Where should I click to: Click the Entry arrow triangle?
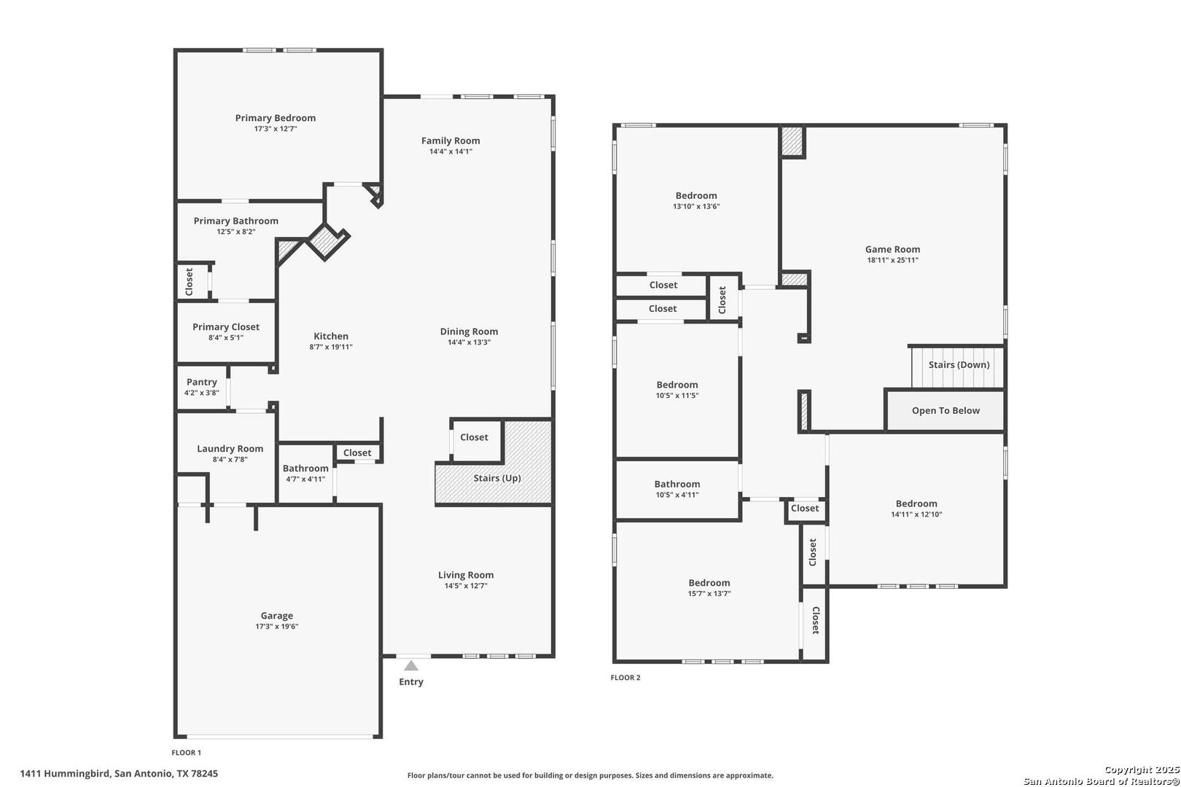pyautogui.click(x=411, y=666)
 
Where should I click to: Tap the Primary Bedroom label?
pyautogui.click(x=276, y=118)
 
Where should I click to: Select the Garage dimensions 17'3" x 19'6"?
pyautogui.click(x=277, y=627)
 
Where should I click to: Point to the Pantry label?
pyautogui.click(x=201, y=382)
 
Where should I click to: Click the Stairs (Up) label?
pyautogui.click(x=497, y=478)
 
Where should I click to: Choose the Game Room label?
pyautogui.click(x=892, y=249)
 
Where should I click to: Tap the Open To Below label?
pyautogui.click(x=946, y=411)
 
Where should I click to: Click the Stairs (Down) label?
pyautogui.click(x=959, y=365)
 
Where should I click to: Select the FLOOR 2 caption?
pyautogui.click(x=625, y=678)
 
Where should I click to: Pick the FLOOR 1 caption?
pyautogui.click(x=186, y=752)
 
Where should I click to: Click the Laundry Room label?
pyautogui.click(x=230, y=449)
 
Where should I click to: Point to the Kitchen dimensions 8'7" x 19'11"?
pyautogui.click(x=330, y=347)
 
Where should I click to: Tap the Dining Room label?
pyautogui.click(x=469, y=332)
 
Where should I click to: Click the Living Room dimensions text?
pyautogui.click(x=466, y=586)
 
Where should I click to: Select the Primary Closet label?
pyautogui.click(x=226, y=326)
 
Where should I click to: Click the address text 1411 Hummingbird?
pyautogui.click(x=66, y=774)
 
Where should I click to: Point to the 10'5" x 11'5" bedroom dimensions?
pyautogui.click(x=677, y=396)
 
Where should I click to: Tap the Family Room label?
pyautogui.click(x=451, y=141)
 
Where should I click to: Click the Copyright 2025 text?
pyautogui.click(x=1142, y=770)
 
